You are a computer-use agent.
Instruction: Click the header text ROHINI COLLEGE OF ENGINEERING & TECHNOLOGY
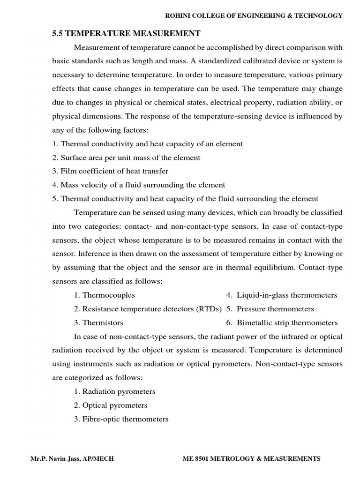(254, 16)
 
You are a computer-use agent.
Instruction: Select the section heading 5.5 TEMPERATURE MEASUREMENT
(126, 33)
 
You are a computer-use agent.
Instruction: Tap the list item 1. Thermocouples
(104, 295)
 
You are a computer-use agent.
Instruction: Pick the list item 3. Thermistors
(98, 322)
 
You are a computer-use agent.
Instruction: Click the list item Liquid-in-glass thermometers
(286, 295)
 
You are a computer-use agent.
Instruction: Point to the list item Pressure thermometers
(275, 309)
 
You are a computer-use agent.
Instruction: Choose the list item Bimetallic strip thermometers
(287, 322)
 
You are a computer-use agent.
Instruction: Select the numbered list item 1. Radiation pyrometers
(114, 391)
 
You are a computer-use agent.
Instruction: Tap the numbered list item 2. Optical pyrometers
(110, 405)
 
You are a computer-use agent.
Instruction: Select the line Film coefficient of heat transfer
(110, 171)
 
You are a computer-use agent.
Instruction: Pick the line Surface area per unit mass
(126, 157)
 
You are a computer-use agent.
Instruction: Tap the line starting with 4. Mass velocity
(139, 185)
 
